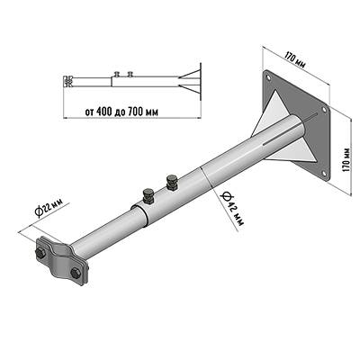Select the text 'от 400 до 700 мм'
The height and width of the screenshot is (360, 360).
point(121,112)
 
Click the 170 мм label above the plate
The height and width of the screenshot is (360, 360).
point(294,60)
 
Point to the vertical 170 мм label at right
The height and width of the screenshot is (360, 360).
point(346,159)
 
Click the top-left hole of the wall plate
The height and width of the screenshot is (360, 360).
point(268,77)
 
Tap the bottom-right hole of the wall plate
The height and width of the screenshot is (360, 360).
point(324,173)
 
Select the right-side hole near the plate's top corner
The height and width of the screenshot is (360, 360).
point(324,110)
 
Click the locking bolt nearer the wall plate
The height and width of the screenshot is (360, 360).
point(172,183)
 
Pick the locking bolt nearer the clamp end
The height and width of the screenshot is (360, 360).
point(148,196)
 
